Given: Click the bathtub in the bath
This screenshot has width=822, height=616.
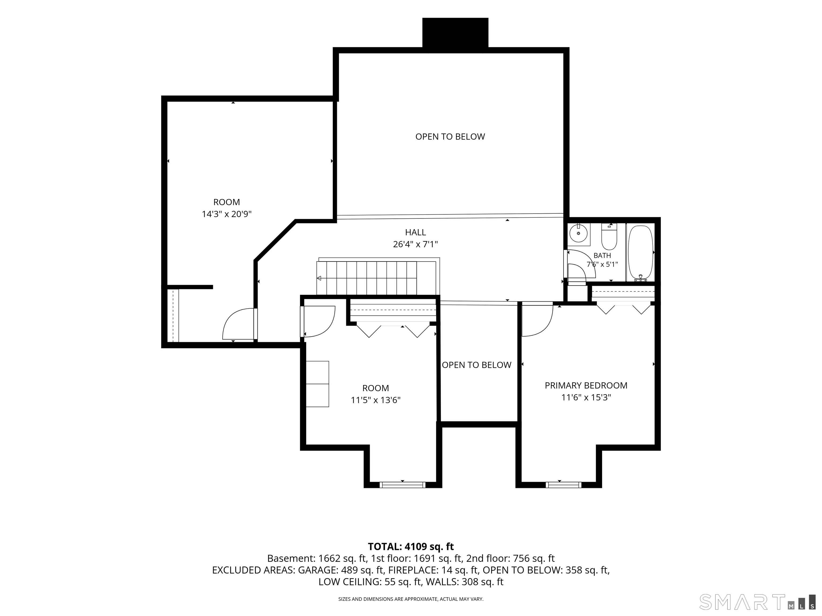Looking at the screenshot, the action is click(x=640, y=252).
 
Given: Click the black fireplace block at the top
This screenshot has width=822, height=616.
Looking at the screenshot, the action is click(x=455, y=33).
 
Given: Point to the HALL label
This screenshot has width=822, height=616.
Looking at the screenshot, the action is click(x=416, y=232).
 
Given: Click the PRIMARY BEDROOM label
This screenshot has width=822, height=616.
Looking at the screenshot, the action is click(x=586, y=386).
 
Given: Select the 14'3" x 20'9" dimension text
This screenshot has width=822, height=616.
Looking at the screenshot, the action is click(x=227, y=214).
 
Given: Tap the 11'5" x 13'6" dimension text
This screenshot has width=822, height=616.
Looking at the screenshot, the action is click(x=376, y=400).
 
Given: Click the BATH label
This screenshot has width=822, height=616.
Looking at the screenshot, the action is click(x=602, y=255).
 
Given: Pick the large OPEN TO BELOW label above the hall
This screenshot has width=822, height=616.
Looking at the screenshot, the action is click(x=450, y=137).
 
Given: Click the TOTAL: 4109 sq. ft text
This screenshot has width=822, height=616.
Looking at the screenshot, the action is click(x=411, y=546).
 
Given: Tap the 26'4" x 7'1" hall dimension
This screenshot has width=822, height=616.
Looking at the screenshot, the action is click(x=416, y=244).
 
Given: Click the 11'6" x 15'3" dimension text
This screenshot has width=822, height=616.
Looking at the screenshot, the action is click(x=586, y=398).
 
